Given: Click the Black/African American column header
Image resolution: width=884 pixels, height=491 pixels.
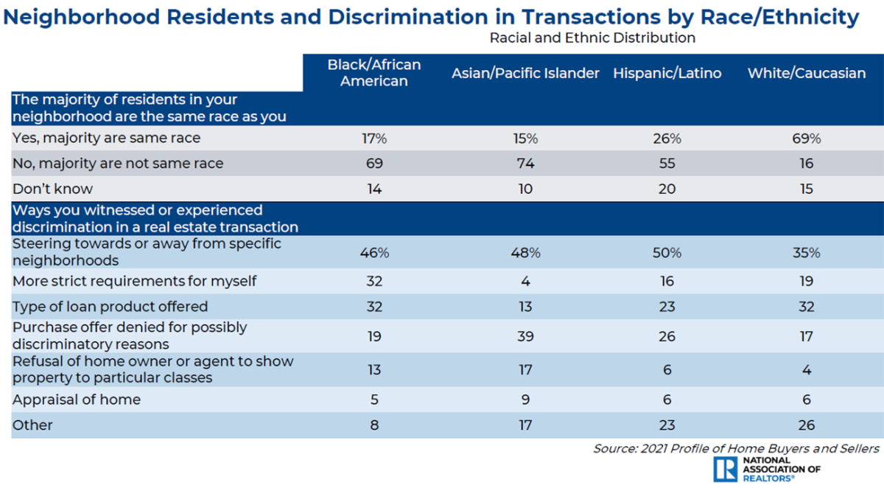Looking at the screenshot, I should click(x=374, y=72).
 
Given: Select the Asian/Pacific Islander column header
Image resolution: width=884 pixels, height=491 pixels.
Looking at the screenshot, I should click(x=525, y=73).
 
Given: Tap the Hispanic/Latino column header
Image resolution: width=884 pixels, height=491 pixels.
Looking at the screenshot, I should click(x=667, y=73).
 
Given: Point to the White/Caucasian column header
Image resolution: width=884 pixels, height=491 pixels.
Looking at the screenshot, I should click(x=807, y=73).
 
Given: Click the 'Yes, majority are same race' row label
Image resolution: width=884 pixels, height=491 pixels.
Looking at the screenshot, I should click(x=107, y=138).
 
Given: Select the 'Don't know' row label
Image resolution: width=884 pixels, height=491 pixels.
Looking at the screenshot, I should click(x=53, y=189).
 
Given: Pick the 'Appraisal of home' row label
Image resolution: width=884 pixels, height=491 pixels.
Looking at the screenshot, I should click(x=77, y=400).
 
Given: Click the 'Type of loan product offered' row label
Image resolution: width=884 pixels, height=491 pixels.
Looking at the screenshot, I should click(x=110, y=306).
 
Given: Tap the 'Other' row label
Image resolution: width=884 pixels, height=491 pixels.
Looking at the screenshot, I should click(x=33, y=425).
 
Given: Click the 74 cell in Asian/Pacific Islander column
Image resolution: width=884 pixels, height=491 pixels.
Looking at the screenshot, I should click(x=525, y=164).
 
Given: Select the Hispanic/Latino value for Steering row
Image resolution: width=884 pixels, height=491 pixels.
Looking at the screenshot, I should click(x=667, y=252).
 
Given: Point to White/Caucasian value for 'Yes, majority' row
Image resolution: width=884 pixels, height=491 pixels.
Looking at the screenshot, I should click(x=807, y=138).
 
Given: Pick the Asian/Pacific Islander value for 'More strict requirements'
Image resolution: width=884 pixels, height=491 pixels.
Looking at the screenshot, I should click(x=525, y=281).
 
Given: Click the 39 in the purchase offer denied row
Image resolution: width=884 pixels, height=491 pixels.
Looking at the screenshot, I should click(x=525, y=336).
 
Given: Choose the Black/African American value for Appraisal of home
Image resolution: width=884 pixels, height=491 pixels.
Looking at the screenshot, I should click(x=374, y=400).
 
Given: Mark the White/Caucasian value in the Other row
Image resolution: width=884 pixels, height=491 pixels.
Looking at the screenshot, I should click(x=807, y=425).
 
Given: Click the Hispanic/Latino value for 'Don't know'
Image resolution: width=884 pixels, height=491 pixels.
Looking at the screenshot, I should click(x=667, y=189).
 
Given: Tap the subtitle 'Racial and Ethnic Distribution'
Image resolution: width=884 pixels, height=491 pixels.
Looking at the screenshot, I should click(x=592, y=37).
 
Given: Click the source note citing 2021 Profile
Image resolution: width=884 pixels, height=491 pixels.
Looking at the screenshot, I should click(x=736, y=448).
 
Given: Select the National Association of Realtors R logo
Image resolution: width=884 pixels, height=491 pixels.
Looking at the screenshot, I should click(x=726, y=468).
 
